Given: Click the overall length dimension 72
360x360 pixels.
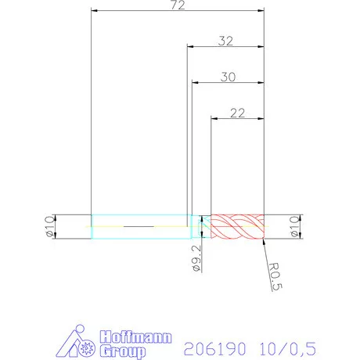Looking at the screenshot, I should point(178,5).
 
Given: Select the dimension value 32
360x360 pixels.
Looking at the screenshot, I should point(226,41).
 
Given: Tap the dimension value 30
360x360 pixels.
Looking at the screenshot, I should point(229,77).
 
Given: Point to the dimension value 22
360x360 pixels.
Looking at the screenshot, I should point(238,113).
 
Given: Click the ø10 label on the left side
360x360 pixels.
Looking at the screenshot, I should point(47,226).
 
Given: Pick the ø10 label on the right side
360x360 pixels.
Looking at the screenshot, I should point(295,226).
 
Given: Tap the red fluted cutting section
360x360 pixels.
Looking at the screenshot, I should point(239,227).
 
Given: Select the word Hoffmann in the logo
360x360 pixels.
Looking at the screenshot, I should point(130,337).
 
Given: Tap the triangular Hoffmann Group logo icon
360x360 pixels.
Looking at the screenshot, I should point(78,343).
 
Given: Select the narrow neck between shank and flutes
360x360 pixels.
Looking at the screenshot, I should point(200,227).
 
